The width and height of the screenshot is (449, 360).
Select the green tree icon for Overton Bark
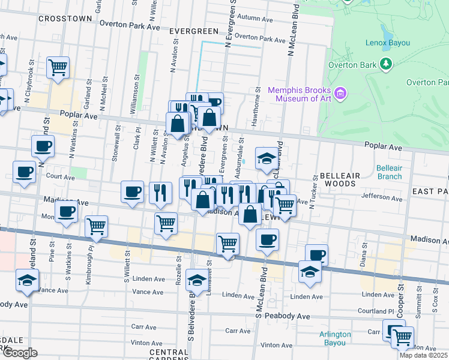(385, 63)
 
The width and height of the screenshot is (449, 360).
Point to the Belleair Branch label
(390, 172)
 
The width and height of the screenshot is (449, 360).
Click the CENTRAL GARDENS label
(169, 355)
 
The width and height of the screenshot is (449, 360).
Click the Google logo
(20, 353)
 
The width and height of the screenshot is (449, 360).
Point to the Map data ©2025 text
(423, 355)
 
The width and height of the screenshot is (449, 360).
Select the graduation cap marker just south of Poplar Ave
(267, 158)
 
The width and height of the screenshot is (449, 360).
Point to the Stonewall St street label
(114, 146)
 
